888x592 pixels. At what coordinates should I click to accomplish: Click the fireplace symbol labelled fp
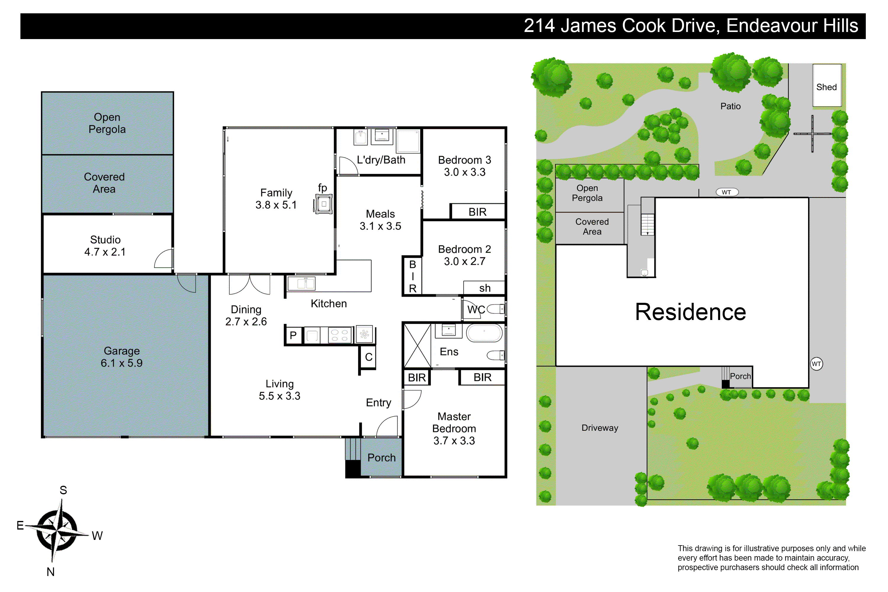click(324, 204)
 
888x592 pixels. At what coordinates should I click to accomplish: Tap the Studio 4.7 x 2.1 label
click(105, 246)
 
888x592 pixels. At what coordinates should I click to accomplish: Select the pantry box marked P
click(293, 335)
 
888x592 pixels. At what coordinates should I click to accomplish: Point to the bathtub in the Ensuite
click(484, 333)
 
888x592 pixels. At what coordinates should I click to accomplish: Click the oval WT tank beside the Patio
click(727, 192)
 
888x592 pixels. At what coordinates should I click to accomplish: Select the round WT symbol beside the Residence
click(816, 364)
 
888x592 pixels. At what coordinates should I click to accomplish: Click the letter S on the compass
click(63, 490)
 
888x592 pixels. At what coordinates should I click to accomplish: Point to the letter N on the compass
click(51, 572)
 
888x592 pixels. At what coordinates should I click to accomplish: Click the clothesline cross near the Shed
click(812, 134)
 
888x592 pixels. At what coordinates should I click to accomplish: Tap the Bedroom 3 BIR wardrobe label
click(478, 212)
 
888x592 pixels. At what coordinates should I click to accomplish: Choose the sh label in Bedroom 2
click(485, 288)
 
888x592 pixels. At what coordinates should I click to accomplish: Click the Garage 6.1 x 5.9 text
click(122, 357)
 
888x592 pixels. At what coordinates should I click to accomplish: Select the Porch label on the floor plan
click(381, 458)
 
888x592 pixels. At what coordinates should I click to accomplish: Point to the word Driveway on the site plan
click(600, 428)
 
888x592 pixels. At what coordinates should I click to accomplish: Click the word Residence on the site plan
click(691, 312)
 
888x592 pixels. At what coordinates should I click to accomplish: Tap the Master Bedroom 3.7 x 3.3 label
click(454, 429)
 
